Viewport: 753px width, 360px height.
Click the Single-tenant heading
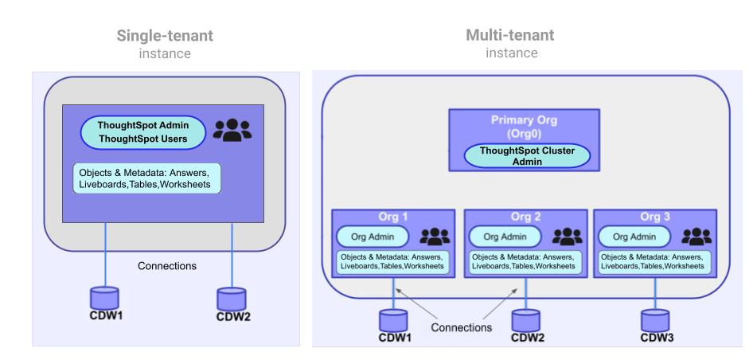(165, 36)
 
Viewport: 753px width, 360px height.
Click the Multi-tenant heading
(510, 35)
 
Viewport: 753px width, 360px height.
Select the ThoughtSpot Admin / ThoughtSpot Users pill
(142, 132)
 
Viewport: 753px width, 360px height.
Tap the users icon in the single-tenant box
(232, 130)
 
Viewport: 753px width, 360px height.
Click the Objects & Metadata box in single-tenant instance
(146, 178)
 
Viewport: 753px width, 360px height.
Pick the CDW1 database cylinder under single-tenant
(104, 298)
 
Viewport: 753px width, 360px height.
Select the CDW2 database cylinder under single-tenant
(231, 299)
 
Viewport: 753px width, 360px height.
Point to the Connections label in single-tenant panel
(166, 266)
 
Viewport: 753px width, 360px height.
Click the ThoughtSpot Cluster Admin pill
(527, 155)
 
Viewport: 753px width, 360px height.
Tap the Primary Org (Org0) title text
(524, 127)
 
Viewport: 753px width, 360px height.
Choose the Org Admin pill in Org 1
(372, 237)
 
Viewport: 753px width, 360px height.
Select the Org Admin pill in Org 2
(505, 237)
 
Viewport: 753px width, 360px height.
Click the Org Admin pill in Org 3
(634, 237)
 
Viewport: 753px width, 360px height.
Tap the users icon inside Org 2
(567, 237)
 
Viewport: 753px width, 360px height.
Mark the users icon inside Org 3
(696, 237)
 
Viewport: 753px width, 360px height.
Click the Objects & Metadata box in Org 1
(393, 262)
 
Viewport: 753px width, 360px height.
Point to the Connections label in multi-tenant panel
(462, 327)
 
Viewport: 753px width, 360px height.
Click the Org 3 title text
(655, 217)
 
